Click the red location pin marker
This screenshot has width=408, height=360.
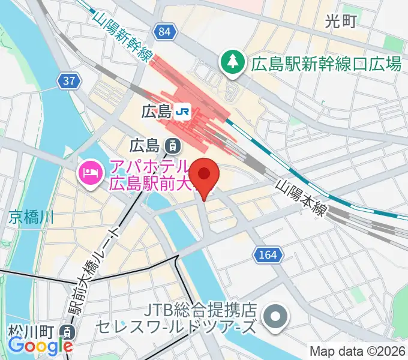[205, 176]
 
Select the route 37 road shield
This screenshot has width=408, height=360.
[68, 80]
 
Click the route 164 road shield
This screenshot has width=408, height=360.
[268, 255]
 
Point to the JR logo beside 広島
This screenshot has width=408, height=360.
[182, 110]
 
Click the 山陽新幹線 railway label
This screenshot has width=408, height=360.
[121, 35]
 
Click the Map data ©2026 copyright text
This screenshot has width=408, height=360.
[358, 351]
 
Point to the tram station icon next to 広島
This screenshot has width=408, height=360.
[172, 145]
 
